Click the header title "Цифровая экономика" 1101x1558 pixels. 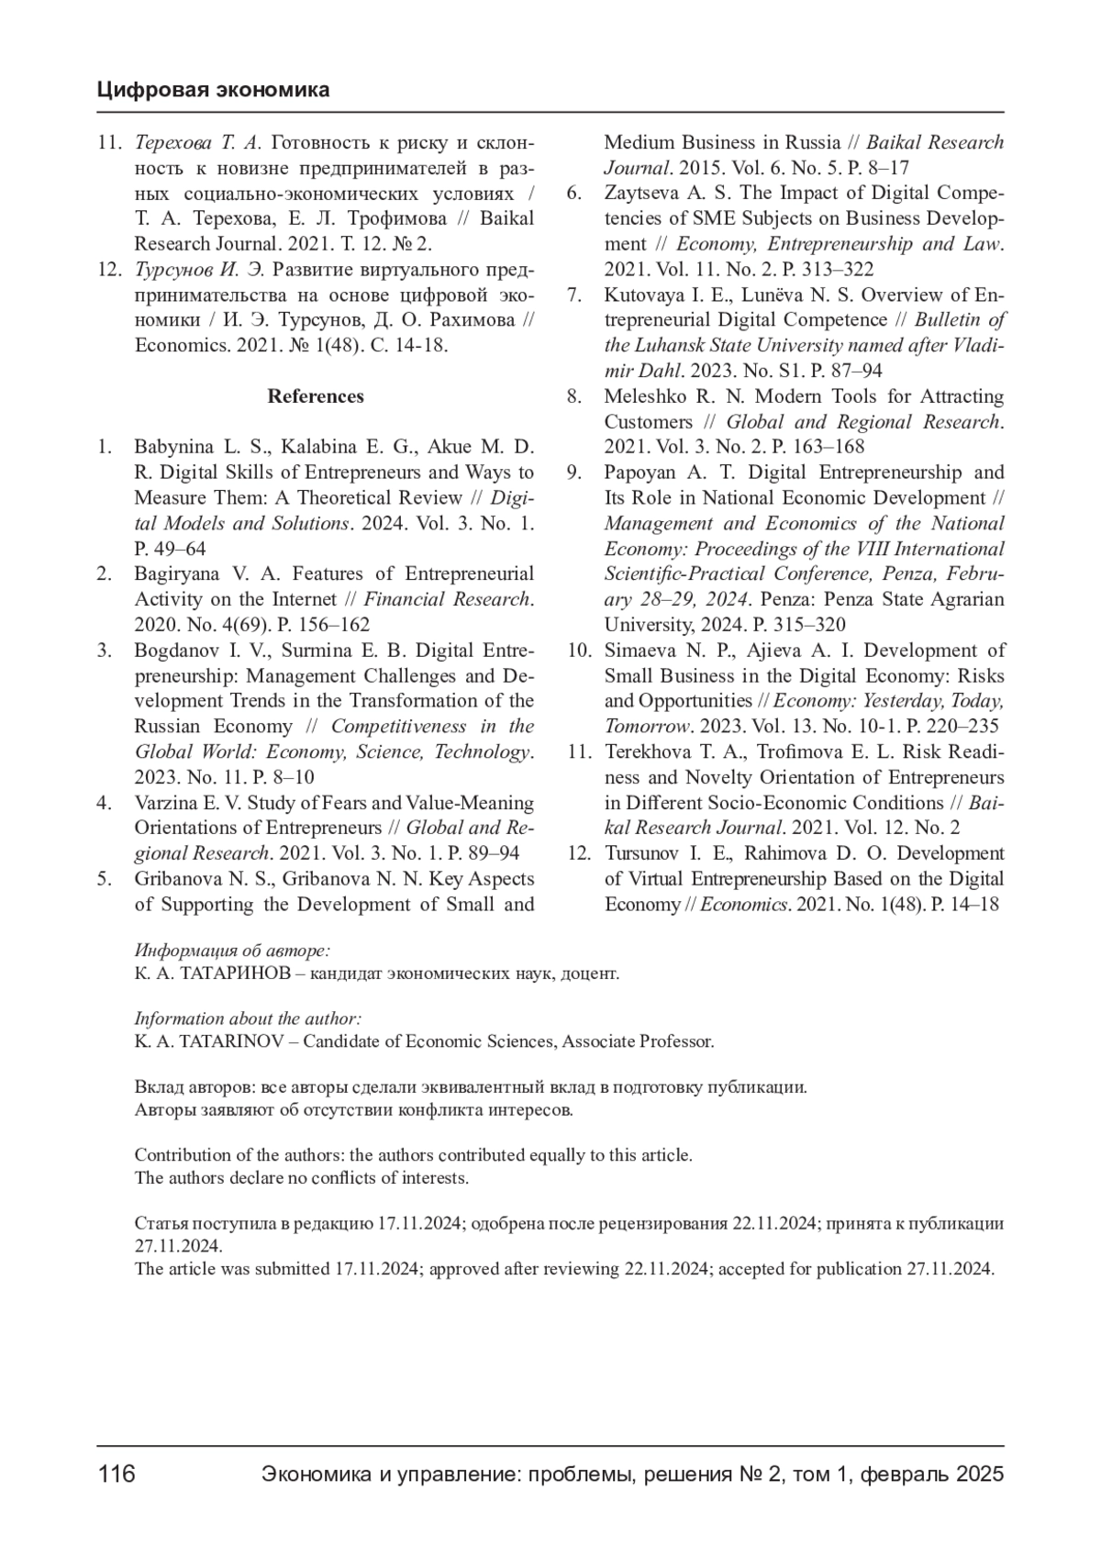[213, 90]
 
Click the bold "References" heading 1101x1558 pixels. [316, 396]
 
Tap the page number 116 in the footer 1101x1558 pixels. [117, 1475]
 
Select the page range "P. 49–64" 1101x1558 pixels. [170, 549]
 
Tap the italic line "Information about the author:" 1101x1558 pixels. [248, 1018]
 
